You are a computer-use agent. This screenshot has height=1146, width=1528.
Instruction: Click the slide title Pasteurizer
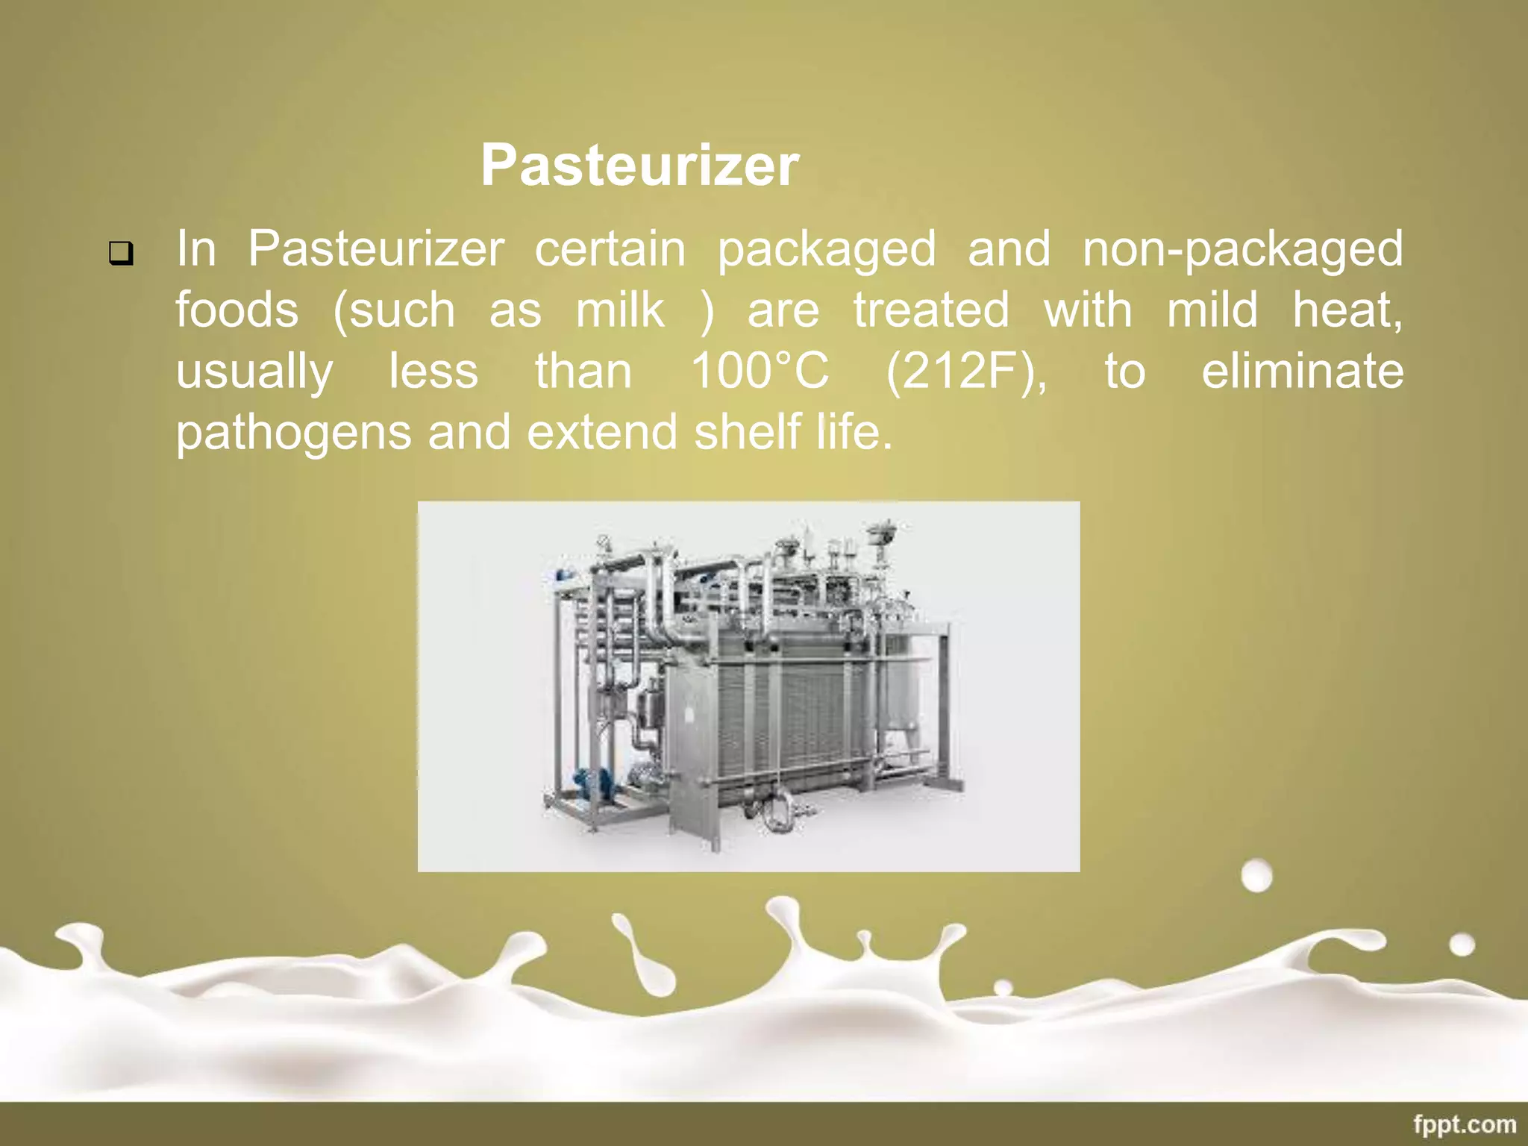[x=639, y=165]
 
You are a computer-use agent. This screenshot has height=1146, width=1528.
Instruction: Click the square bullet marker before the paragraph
[x=121, y=254]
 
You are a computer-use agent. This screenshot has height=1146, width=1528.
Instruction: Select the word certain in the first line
[x=610, y=249]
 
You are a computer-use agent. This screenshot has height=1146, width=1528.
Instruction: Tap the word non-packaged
[x=1242, y=249]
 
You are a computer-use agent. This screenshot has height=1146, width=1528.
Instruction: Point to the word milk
[x=619, y=310]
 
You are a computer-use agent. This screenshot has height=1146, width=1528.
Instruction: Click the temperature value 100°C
[x=760, y=371]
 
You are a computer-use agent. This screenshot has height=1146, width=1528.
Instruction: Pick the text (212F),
[x=966, y=372]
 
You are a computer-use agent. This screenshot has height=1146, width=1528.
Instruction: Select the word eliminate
[x=1302, y=371]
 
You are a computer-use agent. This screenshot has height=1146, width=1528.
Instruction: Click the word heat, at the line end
[x=1347, y=310]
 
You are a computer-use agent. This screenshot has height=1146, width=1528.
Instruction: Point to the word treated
[x=931, y=310]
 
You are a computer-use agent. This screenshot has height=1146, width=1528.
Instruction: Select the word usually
[x=254, y=372]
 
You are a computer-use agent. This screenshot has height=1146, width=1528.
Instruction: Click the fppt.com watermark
[x=1465, y=1124]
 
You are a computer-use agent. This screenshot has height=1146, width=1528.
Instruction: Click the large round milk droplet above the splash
[x=1256, y=876]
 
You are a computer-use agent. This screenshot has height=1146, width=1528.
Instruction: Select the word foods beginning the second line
[x=237, y=310]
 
